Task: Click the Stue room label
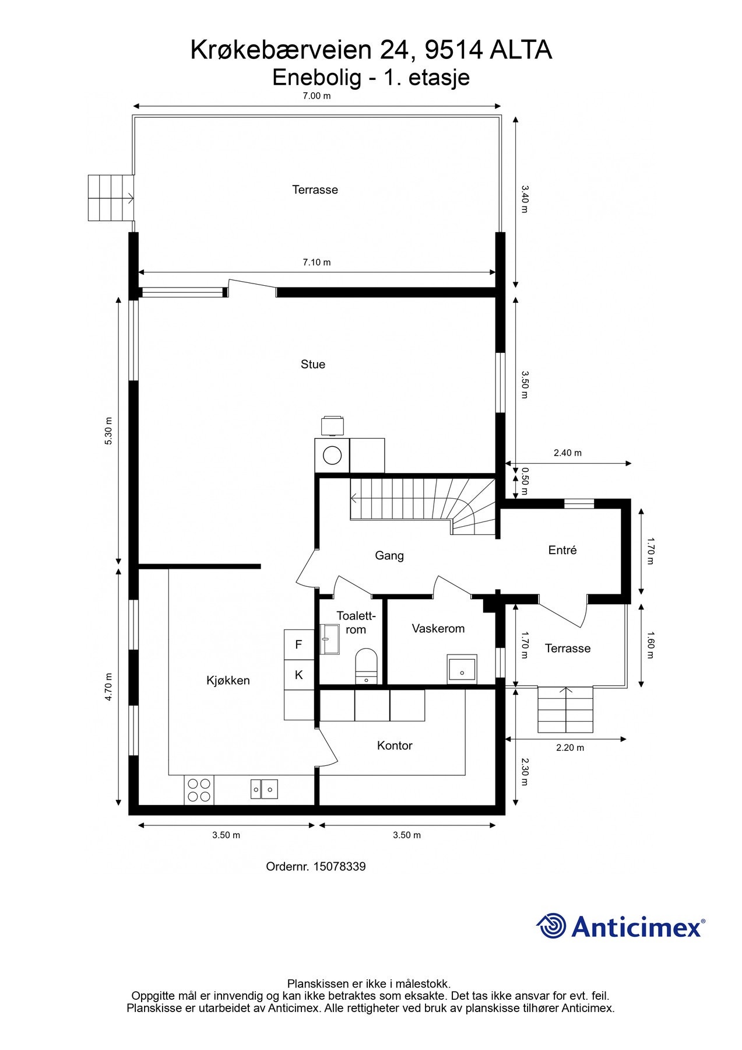pos(312,364)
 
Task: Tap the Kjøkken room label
pos(228,680)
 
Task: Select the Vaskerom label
pos(438,628)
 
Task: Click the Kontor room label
pos(395,745)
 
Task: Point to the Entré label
pos(562,550)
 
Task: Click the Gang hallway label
pos(389,555)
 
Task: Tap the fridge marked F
pos(299,645)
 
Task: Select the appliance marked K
pos(299,675)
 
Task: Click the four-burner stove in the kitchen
pos(199,790)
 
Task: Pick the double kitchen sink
pos(264,789)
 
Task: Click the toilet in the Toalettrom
pos(366,664)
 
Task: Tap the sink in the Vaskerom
pos(462,669)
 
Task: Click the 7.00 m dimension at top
pos(317,96)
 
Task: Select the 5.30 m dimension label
pos(108,431)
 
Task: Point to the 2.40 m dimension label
pos(567,453)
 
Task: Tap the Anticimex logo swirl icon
pos(551,926)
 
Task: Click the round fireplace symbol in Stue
pos(332,455)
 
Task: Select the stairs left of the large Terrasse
pos(111,198)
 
